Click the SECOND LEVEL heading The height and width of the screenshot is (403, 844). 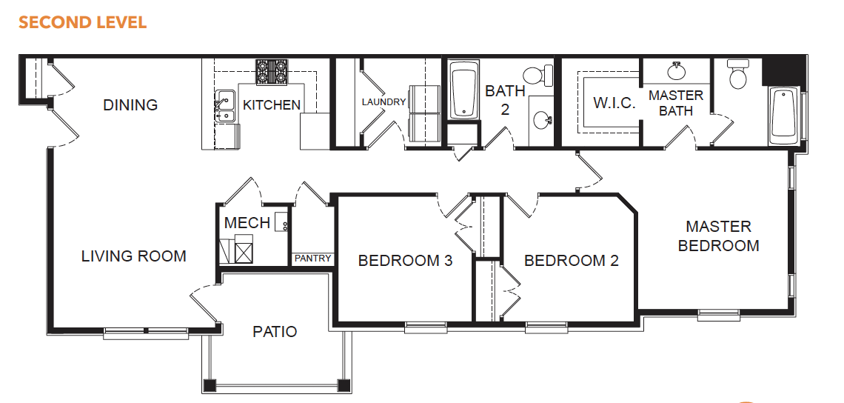(x=82, y=23)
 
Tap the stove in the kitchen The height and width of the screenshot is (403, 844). (x=272, y=72)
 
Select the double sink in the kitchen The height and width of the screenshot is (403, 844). (x=225, y=107)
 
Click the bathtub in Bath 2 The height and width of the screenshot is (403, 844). (x=463, y=90)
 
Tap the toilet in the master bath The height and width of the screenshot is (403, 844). (x=738, y=74)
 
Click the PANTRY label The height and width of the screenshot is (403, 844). (x=312, y=259)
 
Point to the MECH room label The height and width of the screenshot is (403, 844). (x=247, y=222)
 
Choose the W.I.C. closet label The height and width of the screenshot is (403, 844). (x=614, y=103)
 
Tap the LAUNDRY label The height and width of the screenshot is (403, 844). (x=384, y=101)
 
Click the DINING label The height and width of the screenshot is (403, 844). (x=130, y=104)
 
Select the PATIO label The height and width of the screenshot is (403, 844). (x=275, y=331)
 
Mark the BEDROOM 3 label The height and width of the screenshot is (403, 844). (x=405, y=261)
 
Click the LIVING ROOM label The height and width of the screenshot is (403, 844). (x=133, y=256)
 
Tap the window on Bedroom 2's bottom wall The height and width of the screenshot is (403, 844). (x=546, y=327)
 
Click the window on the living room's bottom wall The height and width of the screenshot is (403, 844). (x=146, y=333)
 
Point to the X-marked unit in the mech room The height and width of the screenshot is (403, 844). (x=245, y=252)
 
